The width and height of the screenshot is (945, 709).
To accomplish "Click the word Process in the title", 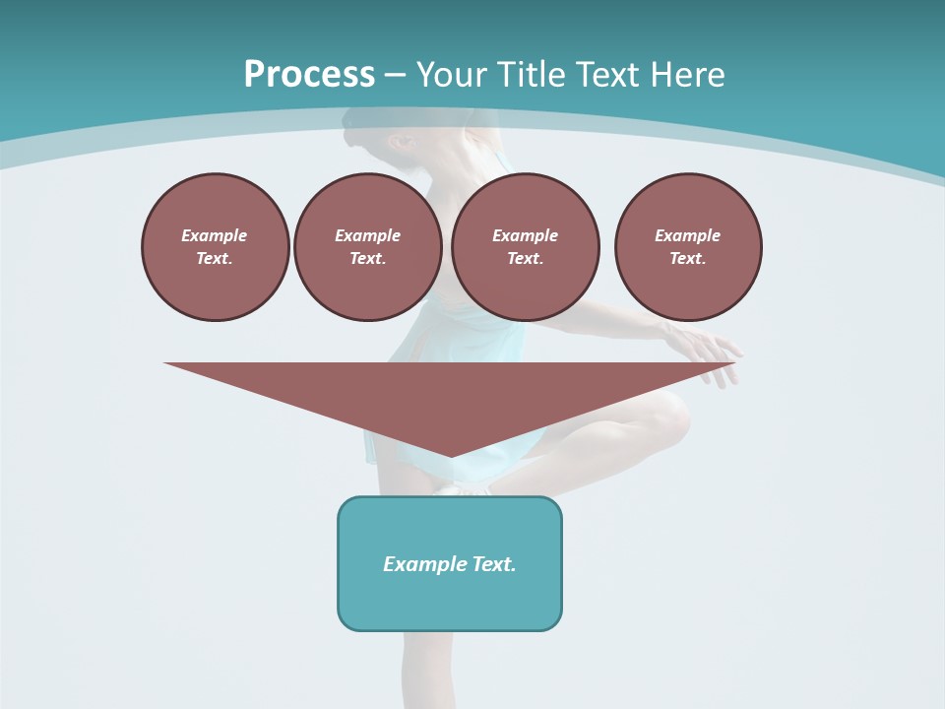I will (x=309, y=75).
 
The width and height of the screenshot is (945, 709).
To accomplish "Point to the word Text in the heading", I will (x=605, y=75).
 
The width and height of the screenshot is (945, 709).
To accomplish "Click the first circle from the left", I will (x=215, y=247).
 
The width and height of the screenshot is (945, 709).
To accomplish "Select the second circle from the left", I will (x=367, y=247).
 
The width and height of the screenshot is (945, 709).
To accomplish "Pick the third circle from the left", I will (x=525, y=247).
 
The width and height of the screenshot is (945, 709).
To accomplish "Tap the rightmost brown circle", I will (x=687, y=247).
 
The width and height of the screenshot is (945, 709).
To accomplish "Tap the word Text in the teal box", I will (x=494, y=564).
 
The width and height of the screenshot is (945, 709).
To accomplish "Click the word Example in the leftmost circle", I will (x=215, y=235).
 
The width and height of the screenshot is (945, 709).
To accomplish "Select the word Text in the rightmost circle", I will (x=687, y=259).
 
